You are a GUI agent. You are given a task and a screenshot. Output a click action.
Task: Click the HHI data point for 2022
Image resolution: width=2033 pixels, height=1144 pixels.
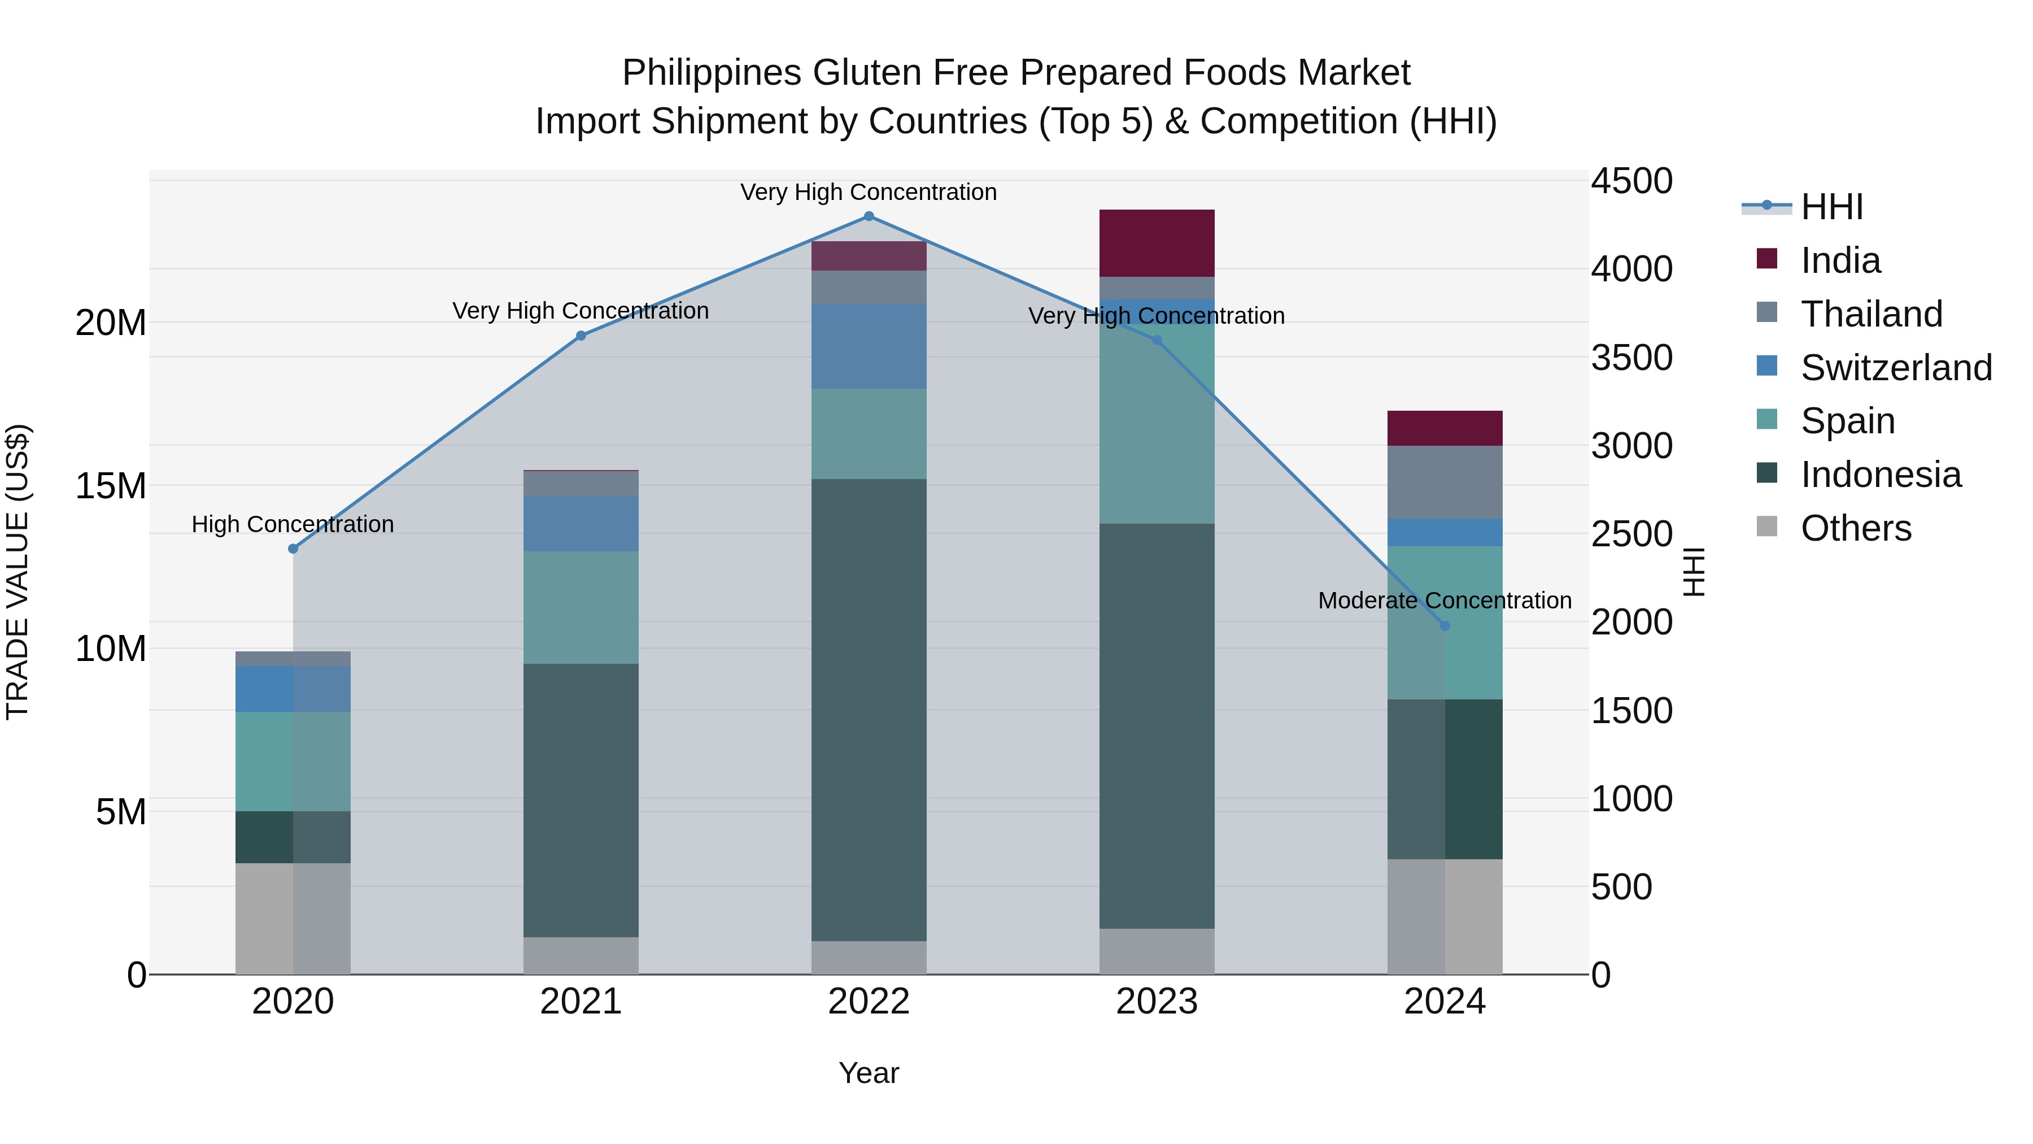(869, 216)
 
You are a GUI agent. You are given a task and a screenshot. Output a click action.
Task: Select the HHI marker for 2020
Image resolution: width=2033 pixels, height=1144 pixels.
(293, 549)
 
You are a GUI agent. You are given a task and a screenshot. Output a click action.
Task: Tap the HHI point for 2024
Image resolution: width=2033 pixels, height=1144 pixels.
(1445, 626)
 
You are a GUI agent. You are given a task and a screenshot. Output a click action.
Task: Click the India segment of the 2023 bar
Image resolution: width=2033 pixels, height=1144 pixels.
(1157, 243)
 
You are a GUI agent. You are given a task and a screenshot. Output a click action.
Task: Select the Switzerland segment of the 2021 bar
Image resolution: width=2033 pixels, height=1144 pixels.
(581, 524)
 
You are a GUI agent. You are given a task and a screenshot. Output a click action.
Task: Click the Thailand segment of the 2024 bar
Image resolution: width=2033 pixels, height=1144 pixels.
(1445, 482)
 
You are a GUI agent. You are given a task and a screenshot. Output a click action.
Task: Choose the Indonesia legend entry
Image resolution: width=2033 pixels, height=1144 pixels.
(1881, 475)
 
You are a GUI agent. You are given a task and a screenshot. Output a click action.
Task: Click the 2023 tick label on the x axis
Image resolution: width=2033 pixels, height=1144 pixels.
(1157, 1002)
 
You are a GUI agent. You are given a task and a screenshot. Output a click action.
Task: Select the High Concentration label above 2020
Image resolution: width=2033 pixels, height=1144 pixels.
(293, 524)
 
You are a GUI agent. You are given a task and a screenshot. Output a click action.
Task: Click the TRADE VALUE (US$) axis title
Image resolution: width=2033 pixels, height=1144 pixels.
(18, 572)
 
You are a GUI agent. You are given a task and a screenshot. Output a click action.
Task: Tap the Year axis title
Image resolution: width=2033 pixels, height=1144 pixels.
(869, 1073)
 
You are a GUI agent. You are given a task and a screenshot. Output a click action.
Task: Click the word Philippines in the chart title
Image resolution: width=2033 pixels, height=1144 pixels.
(712, 73)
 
